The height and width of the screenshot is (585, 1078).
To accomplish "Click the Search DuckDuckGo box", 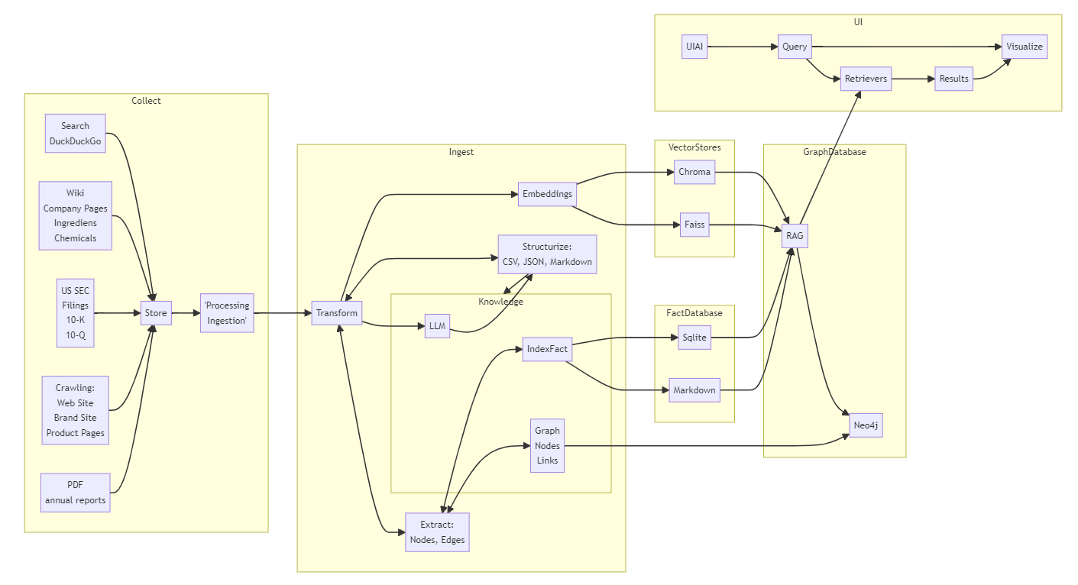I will pyautogui.click(x=75, y=134).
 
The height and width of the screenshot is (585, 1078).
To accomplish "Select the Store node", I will pyautogui.click(x=156, y=313).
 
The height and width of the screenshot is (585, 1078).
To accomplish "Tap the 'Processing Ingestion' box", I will pyautogui.click(x=227, y=313).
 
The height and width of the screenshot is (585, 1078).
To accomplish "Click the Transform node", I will pyautogui.click(x=336, y=313).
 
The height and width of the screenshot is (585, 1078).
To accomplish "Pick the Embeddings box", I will pyautogui.click(x=547, y=194).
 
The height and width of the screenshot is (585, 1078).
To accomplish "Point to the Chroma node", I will pyautogui.click(x=694, y=172).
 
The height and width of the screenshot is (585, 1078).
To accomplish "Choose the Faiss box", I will pyautogui.click(x=694, y=225).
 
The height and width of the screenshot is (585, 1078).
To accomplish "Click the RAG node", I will pyautogui.click(x=795, y=236).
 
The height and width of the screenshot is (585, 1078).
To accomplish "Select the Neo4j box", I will pyautogui.click(x=866, y=425).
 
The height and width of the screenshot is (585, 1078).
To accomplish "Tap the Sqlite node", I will pyautogui.click(x=694, y=337).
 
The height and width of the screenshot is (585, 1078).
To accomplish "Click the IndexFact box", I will pyautogui.click(x=547, y=349).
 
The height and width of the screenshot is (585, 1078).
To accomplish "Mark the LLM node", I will pyautogui.click(x=437, y=326).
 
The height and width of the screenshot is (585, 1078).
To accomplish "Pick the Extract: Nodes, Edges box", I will pyautogui.click(x=437, y=532).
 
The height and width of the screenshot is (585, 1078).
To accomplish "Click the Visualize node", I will pyautogui.click(x=1024, y=47).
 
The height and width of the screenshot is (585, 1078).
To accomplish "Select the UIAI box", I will pyautogui.click(x=694, y=47).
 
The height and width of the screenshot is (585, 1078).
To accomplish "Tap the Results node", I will pyautogui.click(x=953, y=79).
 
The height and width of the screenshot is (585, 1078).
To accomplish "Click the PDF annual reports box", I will pyautogui.click(x=75, y=493).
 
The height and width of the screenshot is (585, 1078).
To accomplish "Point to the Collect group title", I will pyautogui.click(x=146, y=101).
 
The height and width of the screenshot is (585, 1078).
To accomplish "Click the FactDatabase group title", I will pyautogui.click(x=694, y=312).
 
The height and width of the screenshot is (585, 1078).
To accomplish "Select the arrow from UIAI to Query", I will pyautogui.click(x=741, y=47).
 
